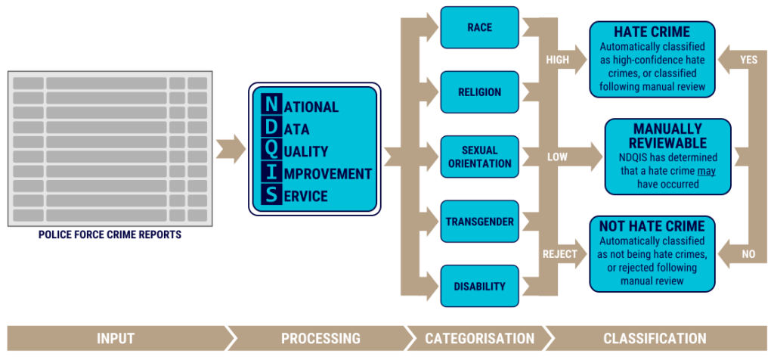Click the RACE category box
479,27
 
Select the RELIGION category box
479,92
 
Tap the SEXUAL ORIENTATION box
479,157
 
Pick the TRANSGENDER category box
479,222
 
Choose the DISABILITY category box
479,287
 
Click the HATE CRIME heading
652,33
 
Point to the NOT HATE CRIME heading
652,226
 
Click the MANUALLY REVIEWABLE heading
667,136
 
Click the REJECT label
560,254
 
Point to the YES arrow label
748,59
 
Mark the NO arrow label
748,254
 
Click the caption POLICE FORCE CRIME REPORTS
110,235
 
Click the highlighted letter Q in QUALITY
270,151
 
